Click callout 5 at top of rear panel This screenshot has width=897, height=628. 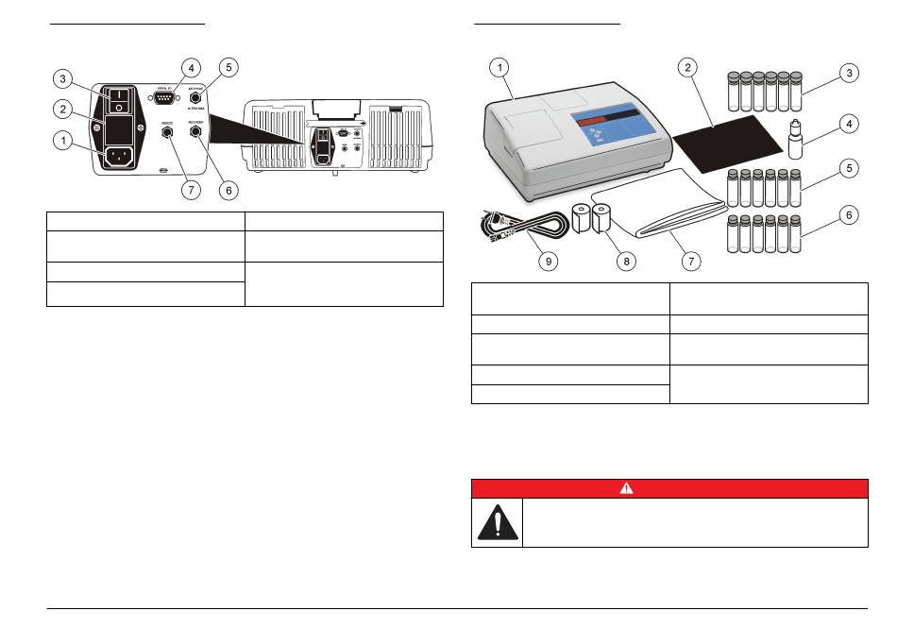pos(227,68)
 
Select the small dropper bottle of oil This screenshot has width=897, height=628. pos(795,141)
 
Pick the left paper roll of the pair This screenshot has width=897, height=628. pos(580,222)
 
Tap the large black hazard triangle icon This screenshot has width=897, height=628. pos(497,522)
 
